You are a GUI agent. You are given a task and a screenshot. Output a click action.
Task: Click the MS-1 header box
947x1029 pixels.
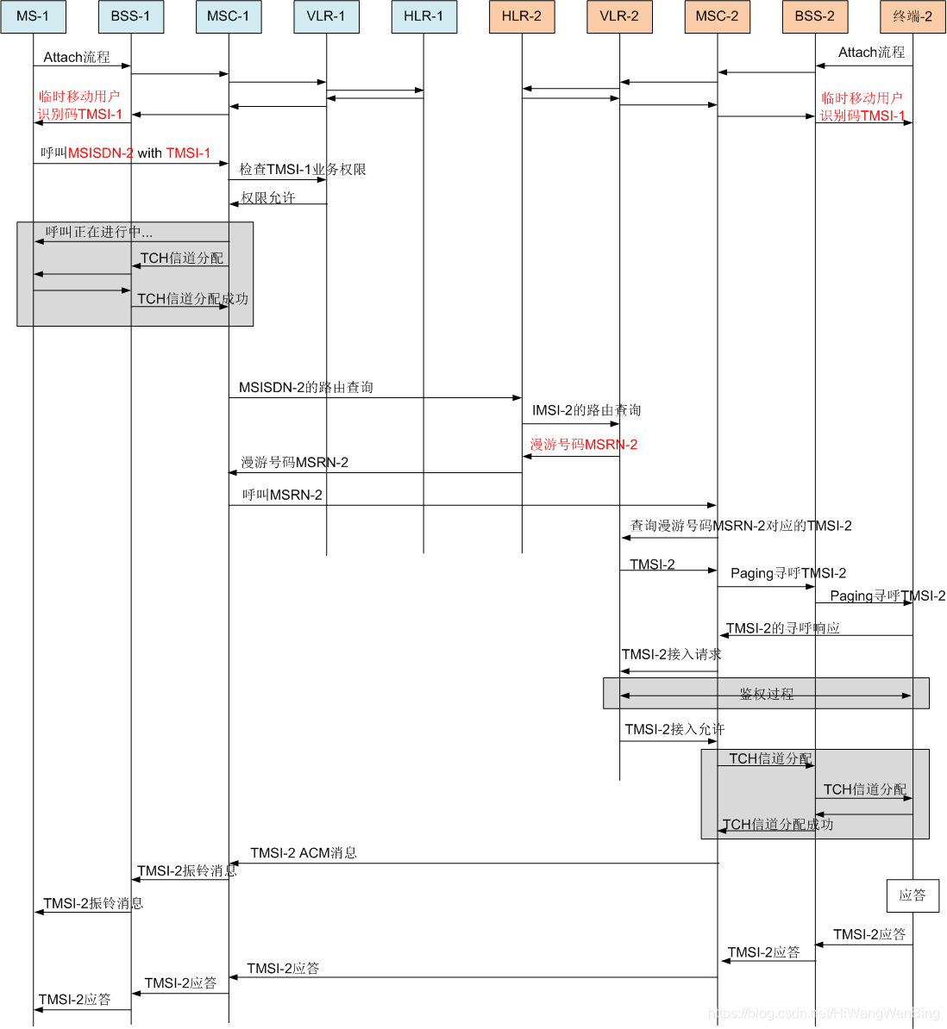(x=33, y=16)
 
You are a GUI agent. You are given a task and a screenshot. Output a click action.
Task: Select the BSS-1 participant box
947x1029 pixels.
(x=131, y=16)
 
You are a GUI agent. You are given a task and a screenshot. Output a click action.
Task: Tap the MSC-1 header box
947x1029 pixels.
(x=229, y=16)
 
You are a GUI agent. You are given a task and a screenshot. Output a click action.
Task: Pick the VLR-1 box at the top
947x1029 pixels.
(x=326, y=16)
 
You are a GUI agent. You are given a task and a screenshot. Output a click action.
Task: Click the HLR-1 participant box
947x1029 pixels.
(x=424, y=16)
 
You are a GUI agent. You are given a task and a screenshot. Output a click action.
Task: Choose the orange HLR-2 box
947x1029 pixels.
(x=522, y=16)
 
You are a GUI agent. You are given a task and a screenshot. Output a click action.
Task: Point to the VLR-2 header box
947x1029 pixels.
(x=620, y=16)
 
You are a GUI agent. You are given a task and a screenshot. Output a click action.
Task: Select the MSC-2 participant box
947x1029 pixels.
(x=717, y=16)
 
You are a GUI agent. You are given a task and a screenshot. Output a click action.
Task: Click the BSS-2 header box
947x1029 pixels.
(x=815, y=16)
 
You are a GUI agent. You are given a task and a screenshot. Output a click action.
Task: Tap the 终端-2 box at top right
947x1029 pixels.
(x=913, y=16)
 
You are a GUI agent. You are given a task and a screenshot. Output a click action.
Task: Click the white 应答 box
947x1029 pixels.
(x=913, y=895)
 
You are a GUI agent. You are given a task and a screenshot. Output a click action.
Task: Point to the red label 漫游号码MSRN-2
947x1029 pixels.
(x=584, y=445)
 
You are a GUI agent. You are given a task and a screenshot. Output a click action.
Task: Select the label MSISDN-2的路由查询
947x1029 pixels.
(x=306, y=387)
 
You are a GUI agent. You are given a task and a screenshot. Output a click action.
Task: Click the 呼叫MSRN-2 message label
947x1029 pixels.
(x=282, y=495)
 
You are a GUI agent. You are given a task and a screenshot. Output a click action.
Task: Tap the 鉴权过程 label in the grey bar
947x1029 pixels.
(x=767, y=694)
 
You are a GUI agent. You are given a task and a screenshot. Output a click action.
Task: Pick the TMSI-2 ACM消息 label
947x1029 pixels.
(x=304, y=852)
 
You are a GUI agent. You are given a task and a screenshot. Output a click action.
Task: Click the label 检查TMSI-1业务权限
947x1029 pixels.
(x=303, y=169)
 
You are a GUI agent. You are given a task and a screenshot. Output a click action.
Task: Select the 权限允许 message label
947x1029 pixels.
(x=268, y=197)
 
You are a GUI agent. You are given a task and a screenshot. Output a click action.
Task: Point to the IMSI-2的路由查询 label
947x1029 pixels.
(x=586, y=410)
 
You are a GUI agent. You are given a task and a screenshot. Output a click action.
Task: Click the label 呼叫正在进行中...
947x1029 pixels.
(x=99, y=232)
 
